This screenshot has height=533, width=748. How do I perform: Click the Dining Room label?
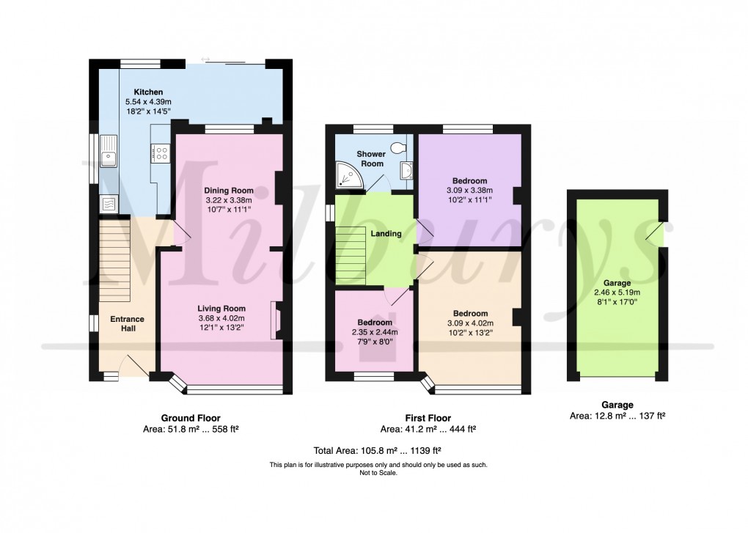pos(228,190)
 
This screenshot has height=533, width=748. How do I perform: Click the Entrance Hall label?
pos(127,323)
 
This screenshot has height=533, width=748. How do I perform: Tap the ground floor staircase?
pos(115,253)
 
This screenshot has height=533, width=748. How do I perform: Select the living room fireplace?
pos(276,320)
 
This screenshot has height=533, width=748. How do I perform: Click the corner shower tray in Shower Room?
pos(345,174)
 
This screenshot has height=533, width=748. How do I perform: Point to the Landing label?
pos(386,234)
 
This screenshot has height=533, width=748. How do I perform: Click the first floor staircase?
pos(351,254)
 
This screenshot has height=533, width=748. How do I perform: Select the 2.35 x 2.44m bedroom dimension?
pos(375,332)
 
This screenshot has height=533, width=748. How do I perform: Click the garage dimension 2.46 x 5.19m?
pos(617,291)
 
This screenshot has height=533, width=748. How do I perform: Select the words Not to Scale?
pos(378,474)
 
